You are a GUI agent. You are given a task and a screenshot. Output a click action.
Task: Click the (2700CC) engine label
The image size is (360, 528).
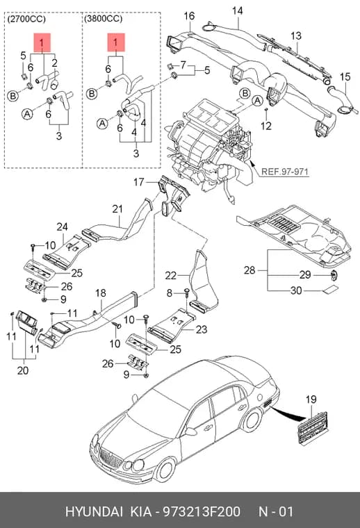26,19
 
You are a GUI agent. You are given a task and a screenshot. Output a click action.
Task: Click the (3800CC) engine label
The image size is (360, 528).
104,19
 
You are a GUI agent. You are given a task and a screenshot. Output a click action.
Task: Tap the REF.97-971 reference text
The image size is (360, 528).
284,172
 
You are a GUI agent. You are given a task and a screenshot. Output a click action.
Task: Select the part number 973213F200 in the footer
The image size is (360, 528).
202,511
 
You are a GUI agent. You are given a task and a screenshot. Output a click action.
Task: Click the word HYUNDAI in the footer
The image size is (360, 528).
94,511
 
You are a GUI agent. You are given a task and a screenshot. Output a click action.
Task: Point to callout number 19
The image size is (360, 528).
311,399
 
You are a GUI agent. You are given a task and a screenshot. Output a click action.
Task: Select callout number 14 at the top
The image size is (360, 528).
237,11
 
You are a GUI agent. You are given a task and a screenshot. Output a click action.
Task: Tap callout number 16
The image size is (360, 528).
189,16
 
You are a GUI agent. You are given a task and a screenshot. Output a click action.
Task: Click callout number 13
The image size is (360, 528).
296,36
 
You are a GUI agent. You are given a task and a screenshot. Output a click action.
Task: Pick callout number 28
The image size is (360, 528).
249,270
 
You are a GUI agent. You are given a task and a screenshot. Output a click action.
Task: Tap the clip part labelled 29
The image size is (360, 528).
333,275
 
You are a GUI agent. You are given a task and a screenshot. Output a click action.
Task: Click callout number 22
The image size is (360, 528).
170,276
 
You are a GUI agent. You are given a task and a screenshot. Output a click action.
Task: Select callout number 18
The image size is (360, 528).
100,293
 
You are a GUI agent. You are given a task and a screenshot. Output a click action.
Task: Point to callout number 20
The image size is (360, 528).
22,370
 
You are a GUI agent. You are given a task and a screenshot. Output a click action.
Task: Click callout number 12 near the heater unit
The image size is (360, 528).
266,126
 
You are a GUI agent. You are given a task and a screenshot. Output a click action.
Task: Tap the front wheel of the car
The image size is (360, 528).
165,470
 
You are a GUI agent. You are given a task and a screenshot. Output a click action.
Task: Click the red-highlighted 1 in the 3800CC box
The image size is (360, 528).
116,42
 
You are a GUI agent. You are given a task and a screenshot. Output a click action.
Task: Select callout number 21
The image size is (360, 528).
117,209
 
